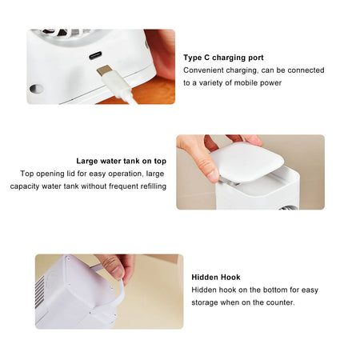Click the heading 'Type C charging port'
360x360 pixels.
point(223,58)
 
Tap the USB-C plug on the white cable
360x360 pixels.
point(106,72)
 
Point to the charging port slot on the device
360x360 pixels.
point(96,56)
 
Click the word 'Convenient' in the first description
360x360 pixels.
point(205,70)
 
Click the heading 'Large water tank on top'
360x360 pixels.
point(121,160)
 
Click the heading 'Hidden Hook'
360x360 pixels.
point(216,277)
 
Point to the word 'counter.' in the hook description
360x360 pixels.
point(279,302)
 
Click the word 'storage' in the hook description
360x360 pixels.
point(206,302)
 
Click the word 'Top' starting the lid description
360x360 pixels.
point(28,173)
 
